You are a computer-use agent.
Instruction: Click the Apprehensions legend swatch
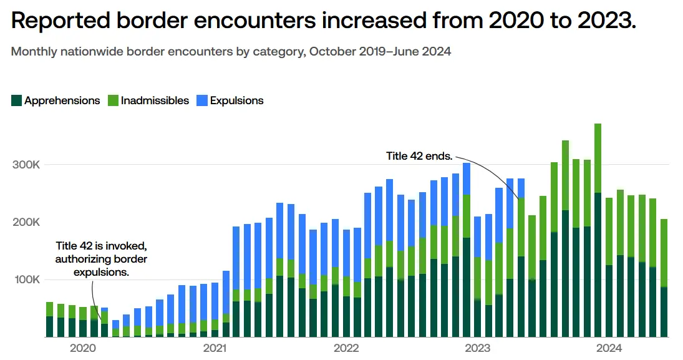(x=17, y=100)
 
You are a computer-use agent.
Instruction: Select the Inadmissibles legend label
(x=155, y=100)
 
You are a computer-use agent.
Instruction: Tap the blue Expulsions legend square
(x=201, y=100)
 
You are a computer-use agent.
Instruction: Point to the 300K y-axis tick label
(x=27, y=165)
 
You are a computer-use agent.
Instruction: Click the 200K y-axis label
(x=27, y=222)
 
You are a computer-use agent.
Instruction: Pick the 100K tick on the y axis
(x=27, y=280)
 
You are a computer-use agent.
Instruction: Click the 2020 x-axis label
(x=82, y=348)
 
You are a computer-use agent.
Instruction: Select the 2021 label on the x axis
(x=214, y=348)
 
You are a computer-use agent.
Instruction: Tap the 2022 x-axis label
(x=346, y=348)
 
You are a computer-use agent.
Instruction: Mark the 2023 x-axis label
(x=478, y=348)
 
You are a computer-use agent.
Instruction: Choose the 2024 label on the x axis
(x=609, y=348)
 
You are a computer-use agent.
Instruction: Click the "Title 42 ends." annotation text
(x=419, y=156)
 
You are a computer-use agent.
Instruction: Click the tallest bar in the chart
(x=598, y=230)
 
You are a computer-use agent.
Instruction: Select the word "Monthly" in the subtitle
(x=34, y=52)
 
